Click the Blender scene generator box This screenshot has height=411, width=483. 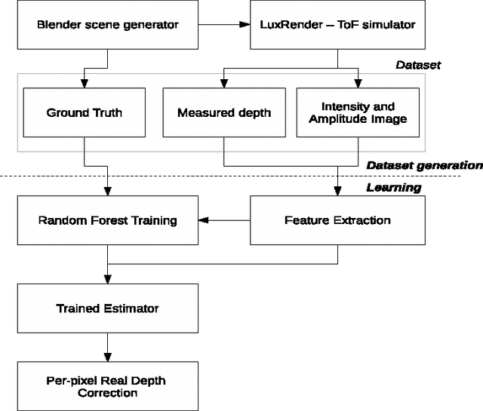(107, 25)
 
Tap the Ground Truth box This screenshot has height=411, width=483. (85, 113)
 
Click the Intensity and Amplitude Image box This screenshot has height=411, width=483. (358, 113)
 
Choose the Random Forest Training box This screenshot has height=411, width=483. (107, 220)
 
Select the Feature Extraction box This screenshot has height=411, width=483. (337, 220)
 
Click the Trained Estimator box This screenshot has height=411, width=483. (107, 308)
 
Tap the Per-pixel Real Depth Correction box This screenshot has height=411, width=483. (107, 387)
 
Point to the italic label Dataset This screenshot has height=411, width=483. (418, 66)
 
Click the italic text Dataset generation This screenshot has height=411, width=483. (423, 165)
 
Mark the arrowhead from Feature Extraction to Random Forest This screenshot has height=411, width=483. (202, 220)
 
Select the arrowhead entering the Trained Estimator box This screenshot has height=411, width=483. (107, 281)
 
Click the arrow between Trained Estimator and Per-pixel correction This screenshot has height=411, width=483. (107, 346)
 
